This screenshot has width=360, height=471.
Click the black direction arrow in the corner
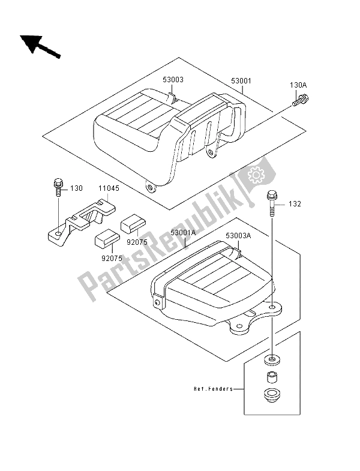39,46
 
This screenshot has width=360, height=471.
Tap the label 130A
298,86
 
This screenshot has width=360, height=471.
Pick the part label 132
294,204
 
